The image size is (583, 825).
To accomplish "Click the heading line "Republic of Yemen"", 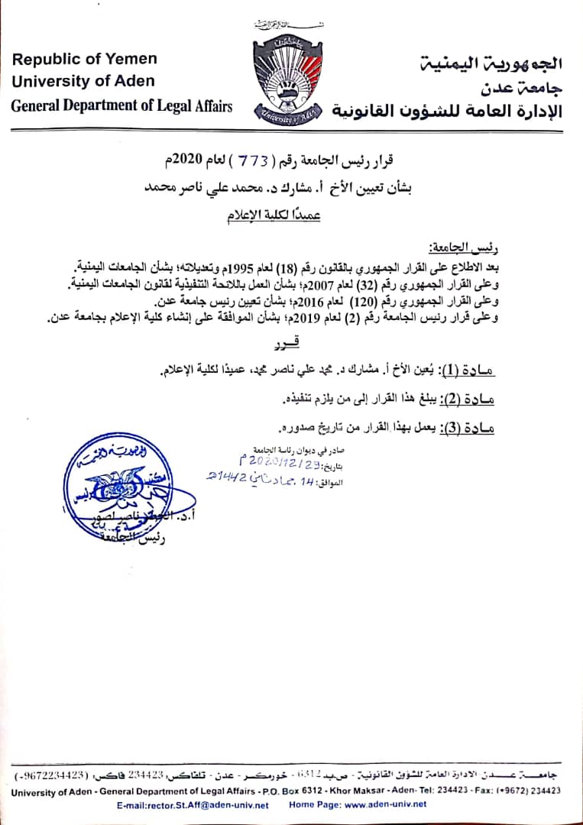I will (x=85, y=59).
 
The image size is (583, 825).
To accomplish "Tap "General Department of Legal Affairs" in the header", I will (x=121, y=106).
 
